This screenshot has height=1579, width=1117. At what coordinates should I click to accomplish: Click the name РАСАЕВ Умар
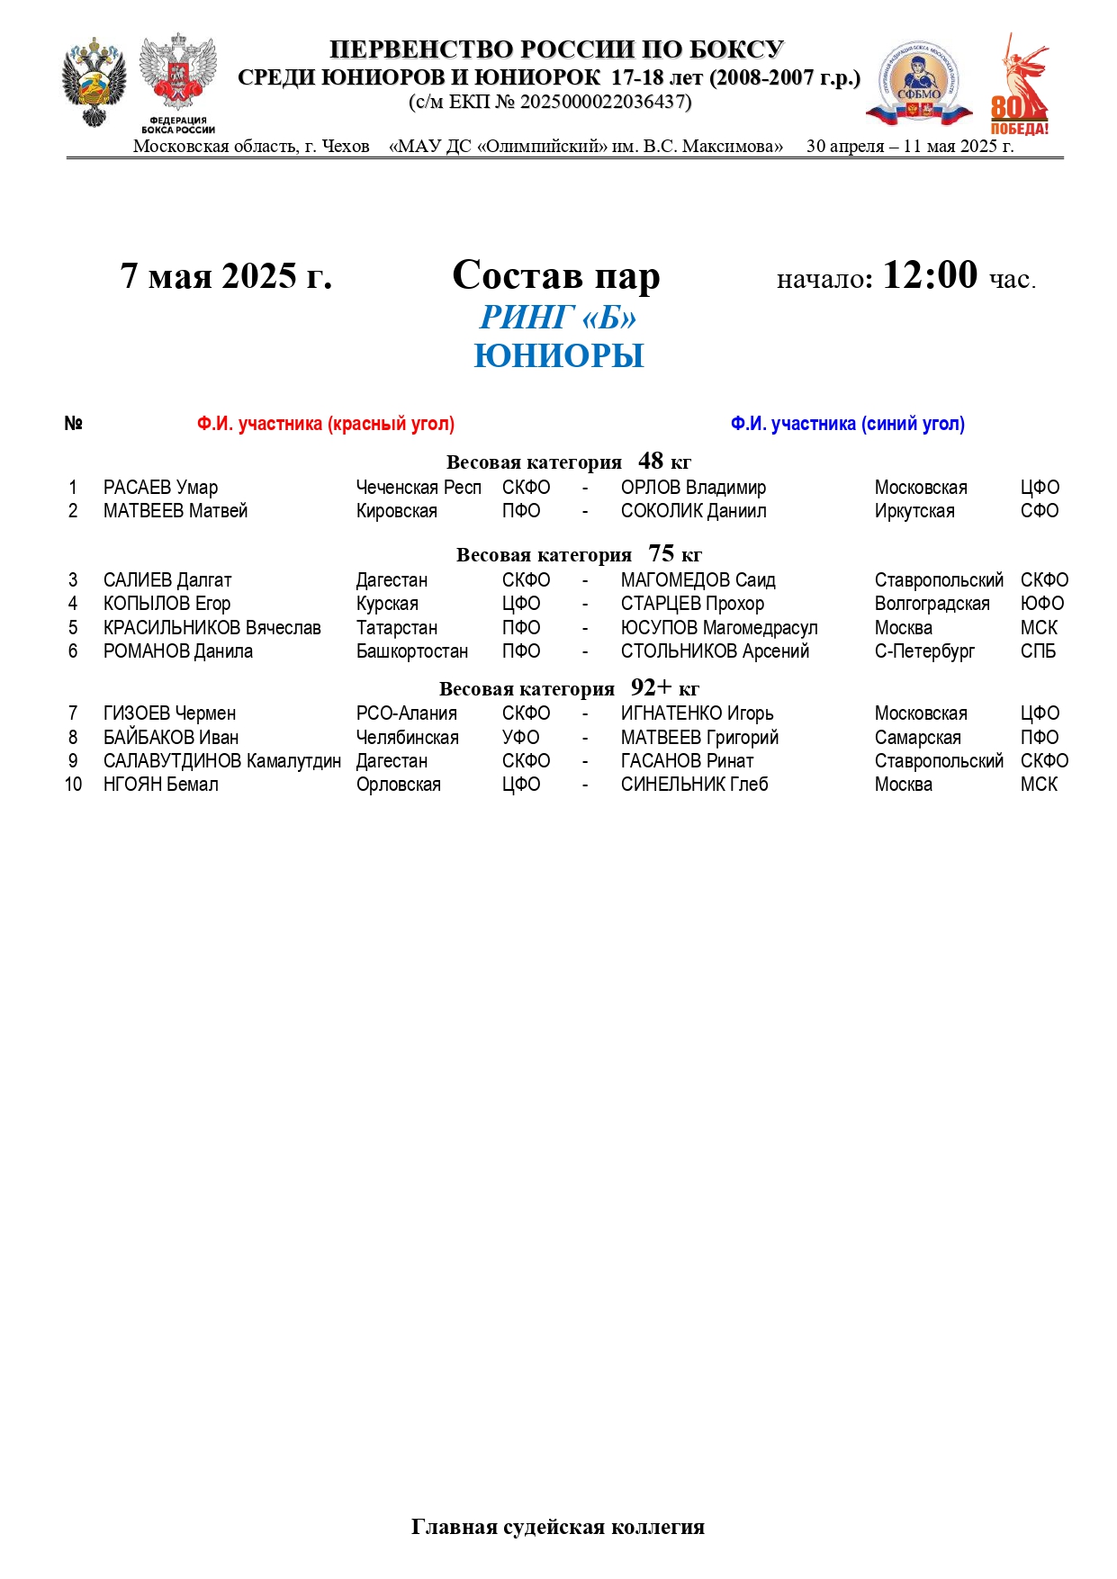coord(160,488)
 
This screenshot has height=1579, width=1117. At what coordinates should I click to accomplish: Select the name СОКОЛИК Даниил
coord(693,511)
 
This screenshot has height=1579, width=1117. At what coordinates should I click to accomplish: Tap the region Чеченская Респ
coord(419,488)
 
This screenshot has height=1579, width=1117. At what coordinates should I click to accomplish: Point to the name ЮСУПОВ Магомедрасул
coord(719,628)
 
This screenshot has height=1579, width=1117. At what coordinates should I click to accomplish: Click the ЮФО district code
coord(1041,604)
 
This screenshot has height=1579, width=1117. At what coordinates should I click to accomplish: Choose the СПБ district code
coord(1038,651)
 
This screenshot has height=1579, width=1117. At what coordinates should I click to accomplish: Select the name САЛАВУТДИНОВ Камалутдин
coord(222,761)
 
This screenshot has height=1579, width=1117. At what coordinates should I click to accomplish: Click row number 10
coord(73,785)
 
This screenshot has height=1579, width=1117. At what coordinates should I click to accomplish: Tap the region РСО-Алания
coord(406,713)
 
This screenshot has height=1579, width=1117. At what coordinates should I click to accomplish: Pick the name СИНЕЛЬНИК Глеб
coord(694,785)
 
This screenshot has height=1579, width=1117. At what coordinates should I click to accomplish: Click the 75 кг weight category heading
coord(578,554)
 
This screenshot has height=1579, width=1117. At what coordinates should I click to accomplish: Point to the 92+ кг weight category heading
coord(569,688)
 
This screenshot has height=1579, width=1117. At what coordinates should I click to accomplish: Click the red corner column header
coord(326,424)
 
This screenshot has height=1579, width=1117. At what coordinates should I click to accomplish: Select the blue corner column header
coord(847,424)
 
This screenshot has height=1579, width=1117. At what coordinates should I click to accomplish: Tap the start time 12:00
coord(929,275)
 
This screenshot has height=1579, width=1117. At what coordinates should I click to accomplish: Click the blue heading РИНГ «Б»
coord(558,318)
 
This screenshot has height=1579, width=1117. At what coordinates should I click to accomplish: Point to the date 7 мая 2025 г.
coord(226,276)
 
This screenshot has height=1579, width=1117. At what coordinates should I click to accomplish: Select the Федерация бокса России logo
coord(178,84)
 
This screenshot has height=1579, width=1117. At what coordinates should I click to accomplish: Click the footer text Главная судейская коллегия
coord(557,1527)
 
